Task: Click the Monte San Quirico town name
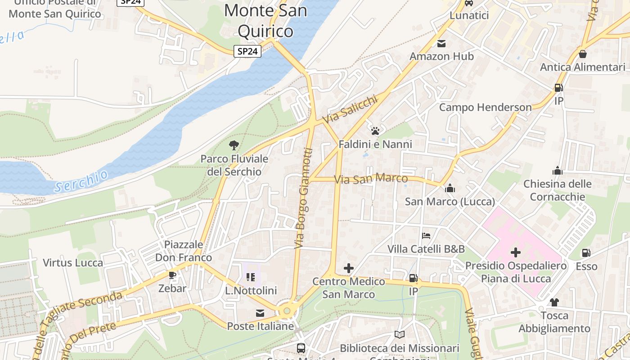pyautogui.click(x=265, y=20)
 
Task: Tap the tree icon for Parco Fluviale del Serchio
pyautogui.click(x=234, y=145)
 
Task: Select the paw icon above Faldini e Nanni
pyautogui.click(x=375, y=131)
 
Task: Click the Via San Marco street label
pyautogui.click(x=371, y=179)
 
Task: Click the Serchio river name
pyautogui.click(x=81, y=181)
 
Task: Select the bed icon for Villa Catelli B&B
pyautogui.click(x=426, y=235)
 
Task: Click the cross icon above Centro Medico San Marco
pyautogui.click(x=349, y=269)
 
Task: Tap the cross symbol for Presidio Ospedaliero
pyautogui.click(x=516, y=252)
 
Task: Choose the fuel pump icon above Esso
pyautogui.click(x=586, y=253)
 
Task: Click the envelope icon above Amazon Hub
pyautogui.click(x=441, y=43)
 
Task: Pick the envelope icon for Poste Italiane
pyautogui.click(x=260, y=313)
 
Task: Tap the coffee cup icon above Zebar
pyautogui.click(x=172, y=275)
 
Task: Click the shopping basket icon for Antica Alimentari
pyautogui.click(x=583, y=54)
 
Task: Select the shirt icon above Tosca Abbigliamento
pyautogui.click(x=554, y=302)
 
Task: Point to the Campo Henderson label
pyautogui.click(x=485, y=108)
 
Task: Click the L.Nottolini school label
pyautogui.click(x=251, y=291)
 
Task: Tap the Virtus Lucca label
pyautogui.click(x=73, y=263)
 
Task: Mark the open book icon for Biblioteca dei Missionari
pyautogui.click(x=399, y=334)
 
